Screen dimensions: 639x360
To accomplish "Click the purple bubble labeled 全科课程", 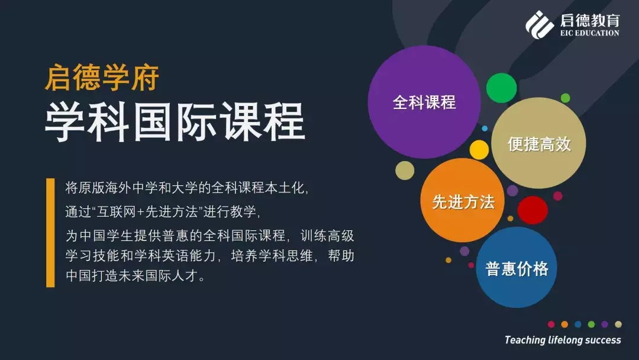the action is tap(424, 102).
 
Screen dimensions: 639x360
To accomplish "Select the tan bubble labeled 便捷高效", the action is tap(538, 143).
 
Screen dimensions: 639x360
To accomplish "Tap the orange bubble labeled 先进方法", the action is tap(463, 201).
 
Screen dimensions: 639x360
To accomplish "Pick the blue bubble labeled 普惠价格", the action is tap(517, 268).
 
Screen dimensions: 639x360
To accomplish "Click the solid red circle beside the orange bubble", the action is tap(532, 210).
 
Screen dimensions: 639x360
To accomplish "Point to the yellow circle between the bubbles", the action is tap(479, 150).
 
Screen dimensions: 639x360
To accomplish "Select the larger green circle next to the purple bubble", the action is tap(501, 88).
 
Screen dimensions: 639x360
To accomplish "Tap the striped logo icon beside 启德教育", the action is tap(540, 24).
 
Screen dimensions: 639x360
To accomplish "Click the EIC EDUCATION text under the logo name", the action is tap(590, 33).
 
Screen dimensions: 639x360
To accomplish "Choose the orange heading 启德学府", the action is tap(102, 78).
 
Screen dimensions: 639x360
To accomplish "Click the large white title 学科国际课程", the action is tap(175, 121).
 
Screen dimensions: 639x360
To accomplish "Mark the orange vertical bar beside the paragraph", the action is tap(50, 233).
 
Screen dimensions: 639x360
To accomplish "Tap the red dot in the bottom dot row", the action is tap(551, 324).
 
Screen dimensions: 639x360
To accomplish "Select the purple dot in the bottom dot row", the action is tap(605, 324).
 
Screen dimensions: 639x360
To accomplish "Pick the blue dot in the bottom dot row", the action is tap(578, 324).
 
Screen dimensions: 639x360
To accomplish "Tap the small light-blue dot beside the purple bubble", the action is tap(485, 128).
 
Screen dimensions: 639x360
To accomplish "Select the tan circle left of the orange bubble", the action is tap(405, 171).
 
